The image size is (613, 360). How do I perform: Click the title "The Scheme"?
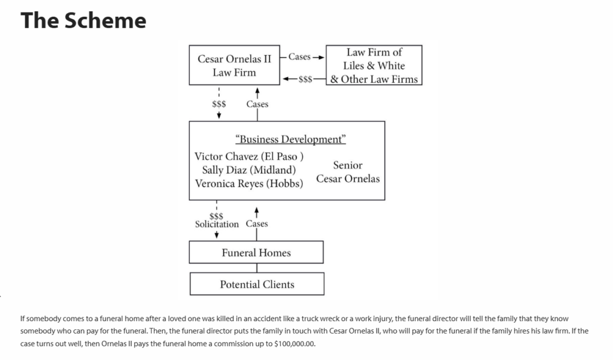(83, 20)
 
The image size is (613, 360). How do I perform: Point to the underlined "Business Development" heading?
(290, 140)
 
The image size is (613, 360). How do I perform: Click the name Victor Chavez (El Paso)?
(249, 156)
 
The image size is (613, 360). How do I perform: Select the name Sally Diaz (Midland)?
(249, 170)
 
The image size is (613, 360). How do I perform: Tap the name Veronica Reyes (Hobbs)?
(249, 183)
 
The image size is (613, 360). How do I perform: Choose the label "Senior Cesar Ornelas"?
(348, 172)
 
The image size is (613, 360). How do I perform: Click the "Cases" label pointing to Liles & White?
(299, 57)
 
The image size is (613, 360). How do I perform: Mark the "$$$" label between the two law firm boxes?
(305, 80)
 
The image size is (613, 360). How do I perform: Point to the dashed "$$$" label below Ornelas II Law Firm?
(219, 104)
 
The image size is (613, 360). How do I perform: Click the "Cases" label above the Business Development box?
(257, 104)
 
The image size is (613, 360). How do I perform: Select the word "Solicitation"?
(217, 224)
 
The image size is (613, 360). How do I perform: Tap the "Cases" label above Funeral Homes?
(257, 223)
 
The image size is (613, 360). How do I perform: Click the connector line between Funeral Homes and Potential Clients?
(257, 268)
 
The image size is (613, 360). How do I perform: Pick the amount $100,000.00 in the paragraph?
(295, 344)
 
